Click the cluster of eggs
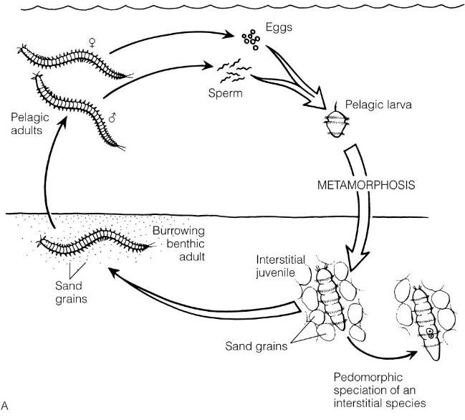[251, 40]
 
